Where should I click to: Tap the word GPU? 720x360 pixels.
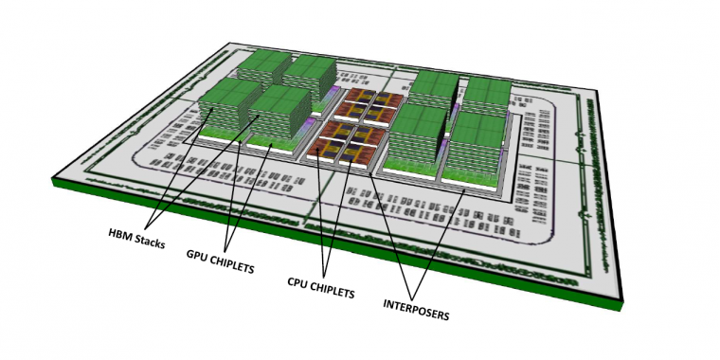195,255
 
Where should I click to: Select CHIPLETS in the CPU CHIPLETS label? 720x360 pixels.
332,291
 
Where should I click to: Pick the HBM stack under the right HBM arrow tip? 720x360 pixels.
280,113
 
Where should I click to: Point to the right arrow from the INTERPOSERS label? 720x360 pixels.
440,244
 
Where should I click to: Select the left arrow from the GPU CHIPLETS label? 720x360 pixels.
233,194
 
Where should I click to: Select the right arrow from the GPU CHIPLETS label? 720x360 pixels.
249,196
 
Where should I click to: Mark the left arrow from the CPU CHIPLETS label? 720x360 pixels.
320,216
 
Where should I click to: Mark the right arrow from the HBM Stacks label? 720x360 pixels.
204,171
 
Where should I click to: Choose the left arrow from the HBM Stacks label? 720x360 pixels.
180,167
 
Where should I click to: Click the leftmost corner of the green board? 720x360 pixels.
52,180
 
